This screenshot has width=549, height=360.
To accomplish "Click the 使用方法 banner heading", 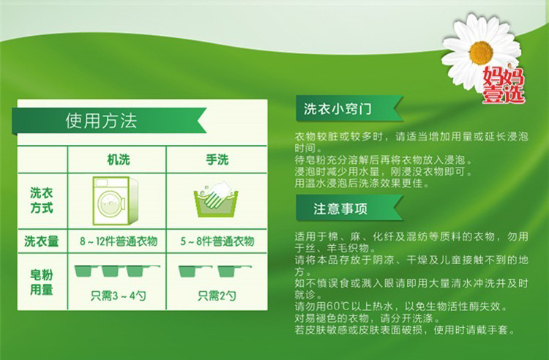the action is pos(101,121).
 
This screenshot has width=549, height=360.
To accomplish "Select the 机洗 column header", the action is pos(119,160).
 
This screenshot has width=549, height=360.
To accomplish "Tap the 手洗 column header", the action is pos(217,160).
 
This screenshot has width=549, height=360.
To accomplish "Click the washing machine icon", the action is pos(115,200).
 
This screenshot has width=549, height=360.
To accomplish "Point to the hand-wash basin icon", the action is pos(216,200).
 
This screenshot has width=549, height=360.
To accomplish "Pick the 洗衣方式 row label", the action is pos(41,200).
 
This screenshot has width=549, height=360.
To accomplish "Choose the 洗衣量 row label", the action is pos(41,241).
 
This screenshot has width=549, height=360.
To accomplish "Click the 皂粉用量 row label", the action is pos(41,282).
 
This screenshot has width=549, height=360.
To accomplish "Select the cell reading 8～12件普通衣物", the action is pos(119,241).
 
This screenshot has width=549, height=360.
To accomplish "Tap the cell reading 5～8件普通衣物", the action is pos(217,241).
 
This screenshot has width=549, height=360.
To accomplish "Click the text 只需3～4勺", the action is pos(119,296).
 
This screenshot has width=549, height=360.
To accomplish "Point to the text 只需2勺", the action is pos(217,296).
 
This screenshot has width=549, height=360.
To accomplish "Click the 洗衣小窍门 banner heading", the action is pos(337,109).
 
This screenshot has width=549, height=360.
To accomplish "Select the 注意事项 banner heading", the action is pos(340,209).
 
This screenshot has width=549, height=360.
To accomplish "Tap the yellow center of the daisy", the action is pos(481,53).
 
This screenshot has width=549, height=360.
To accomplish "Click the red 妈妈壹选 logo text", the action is pos(504,86).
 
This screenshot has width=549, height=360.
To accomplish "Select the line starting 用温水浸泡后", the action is pos(362,183).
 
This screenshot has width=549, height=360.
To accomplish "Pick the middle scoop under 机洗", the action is pos(111,271).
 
